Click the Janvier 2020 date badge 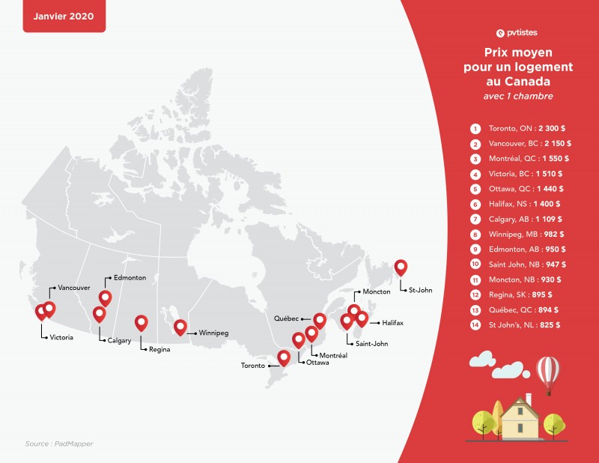coord(64,16)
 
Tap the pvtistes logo coord(517,32)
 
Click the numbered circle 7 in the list coord(475,219)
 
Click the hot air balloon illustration coord(549,373)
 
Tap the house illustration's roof coord(516,407)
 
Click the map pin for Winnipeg coord(180,327)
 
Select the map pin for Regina coord(141,323)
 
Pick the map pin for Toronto coord(284,357)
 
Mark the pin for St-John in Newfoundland coord(401,267)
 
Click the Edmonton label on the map coord(130,277)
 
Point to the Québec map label coord(287,318)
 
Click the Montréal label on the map coord(333,354)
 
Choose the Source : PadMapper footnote coord(59,444)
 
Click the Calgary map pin coord(99,314)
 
